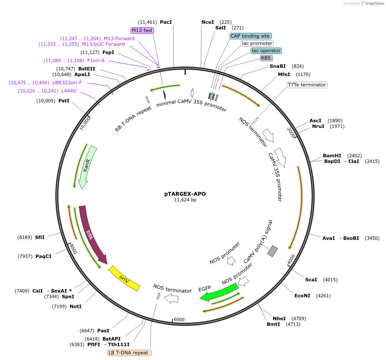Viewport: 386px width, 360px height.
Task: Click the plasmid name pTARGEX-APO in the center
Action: click(x=185, y=194)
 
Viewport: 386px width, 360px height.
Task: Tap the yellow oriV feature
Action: click(x=124, y=279)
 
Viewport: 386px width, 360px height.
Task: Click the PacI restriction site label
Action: click(x=166, y=22)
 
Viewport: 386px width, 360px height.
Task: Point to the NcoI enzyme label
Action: click(x=207, y=22)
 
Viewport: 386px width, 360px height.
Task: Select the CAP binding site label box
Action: click(x=251, y=36)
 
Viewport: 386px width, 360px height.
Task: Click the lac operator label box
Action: click(x=266, y=51)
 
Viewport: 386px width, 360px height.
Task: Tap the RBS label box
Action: click(x=266, y=58)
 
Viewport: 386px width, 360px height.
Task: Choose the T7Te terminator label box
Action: click(x=307, y=85)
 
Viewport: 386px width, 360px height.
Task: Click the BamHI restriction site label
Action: click(x=332, y=156)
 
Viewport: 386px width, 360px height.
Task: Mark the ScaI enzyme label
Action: click(x=311, y=280)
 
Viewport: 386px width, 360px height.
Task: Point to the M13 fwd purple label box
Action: click(x=142, y=30)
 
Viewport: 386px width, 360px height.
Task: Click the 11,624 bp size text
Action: click(x=185, y=200)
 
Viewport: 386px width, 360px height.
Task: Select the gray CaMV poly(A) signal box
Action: click(x=273, y=251)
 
